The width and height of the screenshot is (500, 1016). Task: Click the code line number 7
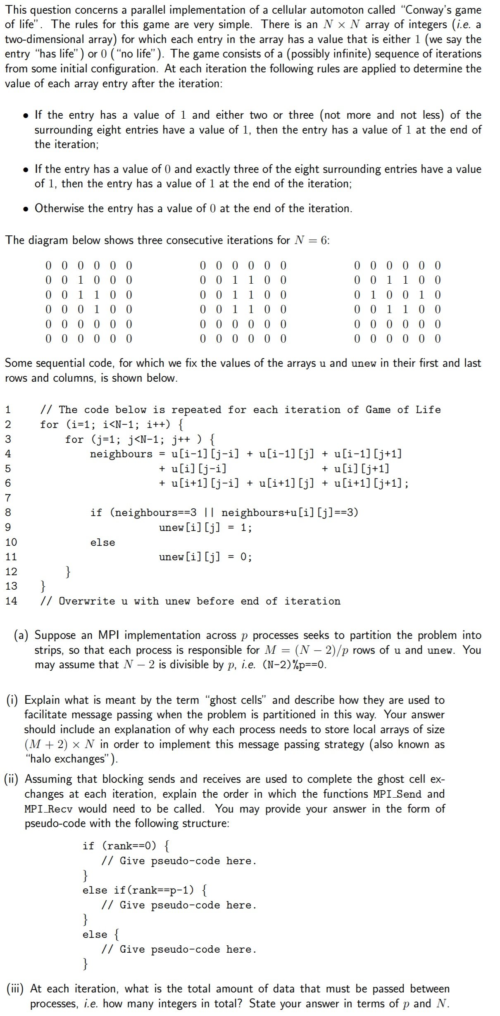[x=8, y=498]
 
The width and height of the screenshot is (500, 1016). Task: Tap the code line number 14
[x=11, y=601]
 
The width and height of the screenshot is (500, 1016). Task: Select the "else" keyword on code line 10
[x=102, y=542]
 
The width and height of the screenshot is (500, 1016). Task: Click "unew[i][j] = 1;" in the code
[x=205, y=527]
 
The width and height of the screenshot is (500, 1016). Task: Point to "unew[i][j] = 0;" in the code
[x=205, y=557]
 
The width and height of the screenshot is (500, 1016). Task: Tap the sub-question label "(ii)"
[x=13, y=779]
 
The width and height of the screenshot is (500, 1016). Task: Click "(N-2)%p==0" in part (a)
[x=294, y=665]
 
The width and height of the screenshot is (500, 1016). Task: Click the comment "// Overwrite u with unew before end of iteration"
[x=190, y=601]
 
